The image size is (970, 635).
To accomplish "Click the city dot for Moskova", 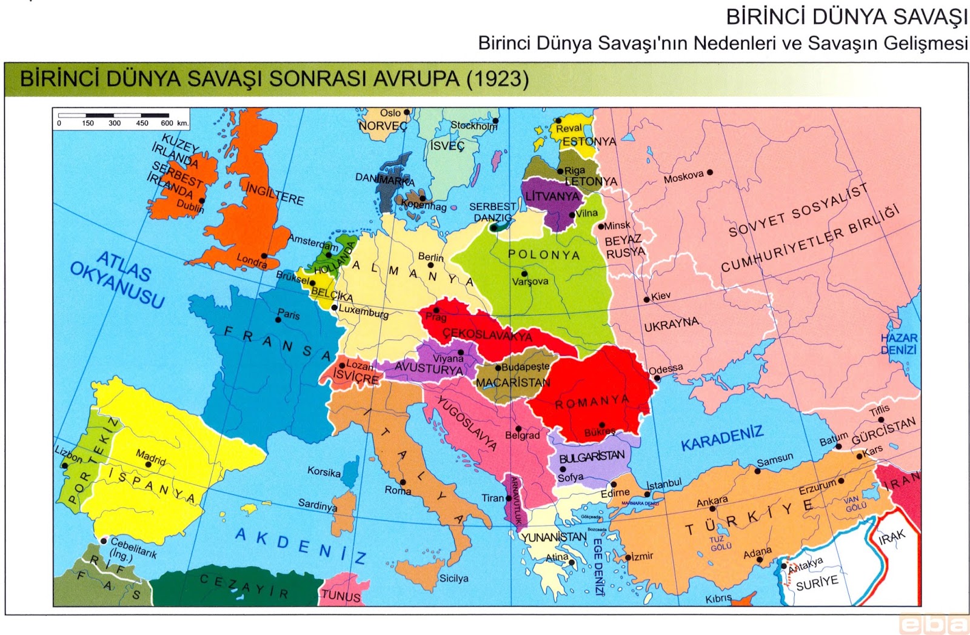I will [710, 172].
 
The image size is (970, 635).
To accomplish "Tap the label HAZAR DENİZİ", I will [898, 344].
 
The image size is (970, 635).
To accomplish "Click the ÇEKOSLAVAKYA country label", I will [487, 334].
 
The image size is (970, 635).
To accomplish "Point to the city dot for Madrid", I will [148, 465].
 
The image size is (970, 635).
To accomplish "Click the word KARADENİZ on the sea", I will [721, 437].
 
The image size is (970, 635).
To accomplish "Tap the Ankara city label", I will [712, 501].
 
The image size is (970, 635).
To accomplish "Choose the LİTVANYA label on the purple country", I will [552, 196].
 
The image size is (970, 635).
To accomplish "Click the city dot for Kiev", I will [647, 299].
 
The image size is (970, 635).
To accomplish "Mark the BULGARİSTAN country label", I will [591, 457].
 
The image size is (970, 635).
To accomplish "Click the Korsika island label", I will [324, 471].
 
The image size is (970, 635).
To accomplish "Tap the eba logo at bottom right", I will [934, 623].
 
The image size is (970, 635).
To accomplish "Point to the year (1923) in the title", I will [497, 79].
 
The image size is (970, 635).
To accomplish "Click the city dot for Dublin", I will [201, 201].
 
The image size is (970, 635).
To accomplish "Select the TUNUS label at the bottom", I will [340, 596].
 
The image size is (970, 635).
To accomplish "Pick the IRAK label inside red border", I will [892, 537].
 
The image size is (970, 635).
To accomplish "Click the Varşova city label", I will [530, 281].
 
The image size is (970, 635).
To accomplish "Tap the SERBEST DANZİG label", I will [492, 212].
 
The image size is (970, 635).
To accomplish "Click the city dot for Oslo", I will [407, 112].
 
